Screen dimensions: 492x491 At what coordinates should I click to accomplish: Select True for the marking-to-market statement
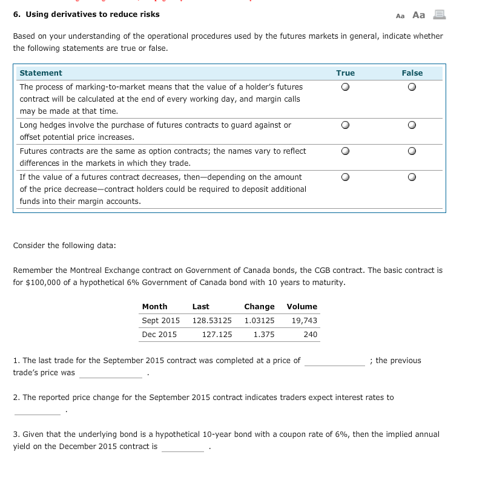[x=345, y=87]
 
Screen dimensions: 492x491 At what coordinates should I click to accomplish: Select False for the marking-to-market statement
[x=412, y=87]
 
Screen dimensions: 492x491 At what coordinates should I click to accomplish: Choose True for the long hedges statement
[x=345, y=125]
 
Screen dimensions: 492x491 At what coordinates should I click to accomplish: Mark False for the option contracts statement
[x=412, y=151]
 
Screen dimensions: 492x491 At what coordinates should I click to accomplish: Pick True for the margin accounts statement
[x=345, y=177]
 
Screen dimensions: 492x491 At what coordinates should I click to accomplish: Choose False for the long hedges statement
[x=412, y=125]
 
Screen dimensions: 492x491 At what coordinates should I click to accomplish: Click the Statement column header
[x=41, y=73]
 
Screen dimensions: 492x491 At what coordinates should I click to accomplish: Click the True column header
[x=345, y=73]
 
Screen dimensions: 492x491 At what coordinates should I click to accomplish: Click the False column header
[x=412, y=73]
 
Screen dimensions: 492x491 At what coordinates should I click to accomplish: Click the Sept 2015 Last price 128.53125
[x=212, y=321]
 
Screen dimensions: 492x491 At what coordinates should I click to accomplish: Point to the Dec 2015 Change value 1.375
[x=264, y=335]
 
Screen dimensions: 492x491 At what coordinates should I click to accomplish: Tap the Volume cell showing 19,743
[x=304, y=321]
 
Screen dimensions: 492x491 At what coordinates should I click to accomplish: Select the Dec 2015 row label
[x=159, y=335]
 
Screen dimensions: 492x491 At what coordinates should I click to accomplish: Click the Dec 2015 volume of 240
[x=310, y=335]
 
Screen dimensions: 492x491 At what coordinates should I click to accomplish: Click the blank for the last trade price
[x=335, y=362]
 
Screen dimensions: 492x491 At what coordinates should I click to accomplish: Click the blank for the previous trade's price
[x=110, y=374]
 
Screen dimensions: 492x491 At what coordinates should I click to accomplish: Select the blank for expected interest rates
[x=37, y=411]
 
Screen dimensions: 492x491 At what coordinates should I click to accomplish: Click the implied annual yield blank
[x=183, y=448]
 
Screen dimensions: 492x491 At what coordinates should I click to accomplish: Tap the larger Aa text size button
[x=419, y=15]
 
